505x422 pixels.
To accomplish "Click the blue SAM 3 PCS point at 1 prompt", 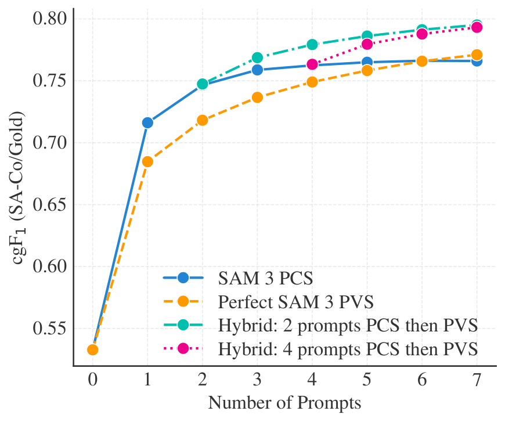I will point(147,122).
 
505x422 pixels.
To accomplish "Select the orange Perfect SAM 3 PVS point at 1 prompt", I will point(147,161).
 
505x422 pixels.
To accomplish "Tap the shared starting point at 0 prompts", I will point(93,349).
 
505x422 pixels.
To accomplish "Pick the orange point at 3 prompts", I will point(257,97).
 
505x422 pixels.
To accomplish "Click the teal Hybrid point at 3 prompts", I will point(257,57).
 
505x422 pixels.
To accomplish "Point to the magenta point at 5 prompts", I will point(367,44).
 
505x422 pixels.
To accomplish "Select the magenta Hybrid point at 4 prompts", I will point(312,64).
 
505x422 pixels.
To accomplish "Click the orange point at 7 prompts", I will point(477,55).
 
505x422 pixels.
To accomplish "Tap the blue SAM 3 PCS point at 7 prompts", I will point(477,62).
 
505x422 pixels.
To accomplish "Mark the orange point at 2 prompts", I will point(202,120).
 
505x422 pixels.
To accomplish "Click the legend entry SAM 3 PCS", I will point(265,278).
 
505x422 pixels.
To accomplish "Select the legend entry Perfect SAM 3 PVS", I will point(295,302).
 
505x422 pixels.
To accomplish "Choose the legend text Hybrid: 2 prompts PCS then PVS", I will point(348,325).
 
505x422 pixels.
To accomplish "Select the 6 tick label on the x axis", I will point(422,380).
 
